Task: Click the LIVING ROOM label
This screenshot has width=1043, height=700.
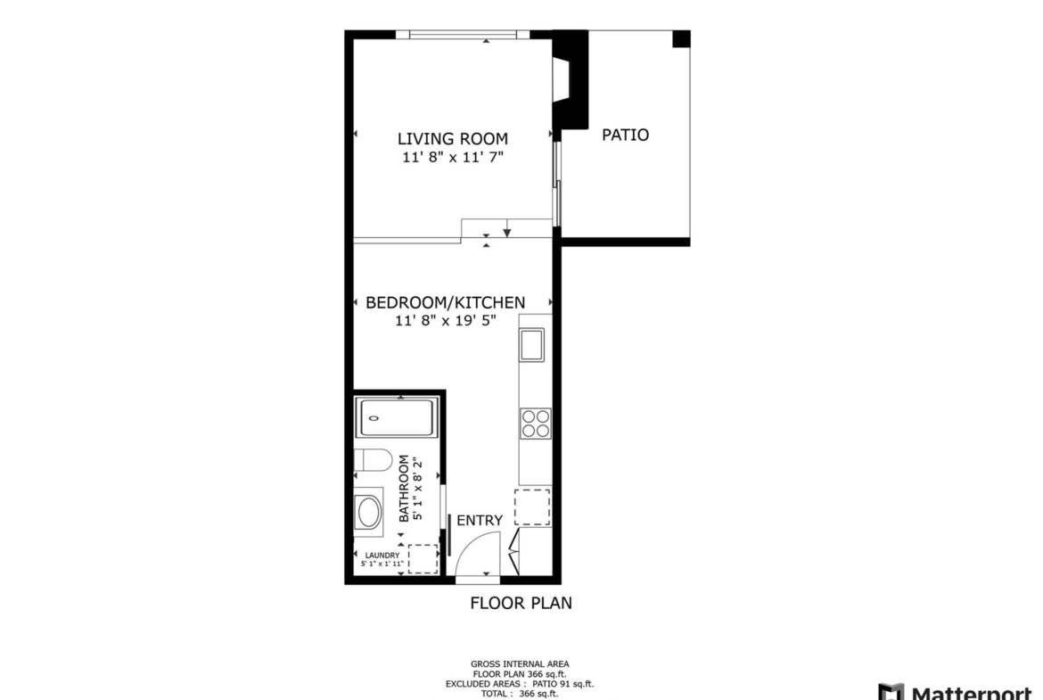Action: [x=452, y=139]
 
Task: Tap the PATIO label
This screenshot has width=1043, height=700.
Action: [x=625, y=135]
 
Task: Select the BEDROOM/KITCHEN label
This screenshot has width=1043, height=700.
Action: [x=445, y=303]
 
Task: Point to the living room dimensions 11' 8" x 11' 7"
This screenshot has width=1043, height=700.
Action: [x=452, y=158]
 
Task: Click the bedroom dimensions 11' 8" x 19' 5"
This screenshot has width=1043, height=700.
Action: [x=446, y=321]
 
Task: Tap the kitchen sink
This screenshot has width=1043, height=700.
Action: [x=531, y=345]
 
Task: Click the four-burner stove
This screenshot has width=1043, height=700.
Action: [x=536, y=424]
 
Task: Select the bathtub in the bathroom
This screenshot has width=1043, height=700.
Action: [x=397, y=418]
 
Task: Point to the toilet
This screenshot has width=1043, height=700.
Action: [x=373, y=460]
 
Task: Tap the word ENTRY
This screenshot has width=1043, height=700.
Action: [x=480, y=521]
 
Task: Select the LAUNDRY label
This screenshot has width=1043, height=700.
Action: [x=382, y=556]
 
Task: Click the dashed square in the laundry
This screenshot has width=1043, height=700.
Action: [x=423, y=559]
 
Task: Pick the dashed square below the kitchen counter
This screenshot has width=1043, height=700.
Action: [x=532, y=507]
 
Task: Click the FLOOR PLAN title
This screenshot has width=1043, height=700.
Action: [x=521, y=604]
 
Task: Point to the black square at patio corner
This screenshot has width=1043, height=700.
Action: [x=681, y=39]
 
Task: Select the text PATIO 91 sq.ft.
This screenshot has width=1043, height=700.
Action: [x=563, y=684]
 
